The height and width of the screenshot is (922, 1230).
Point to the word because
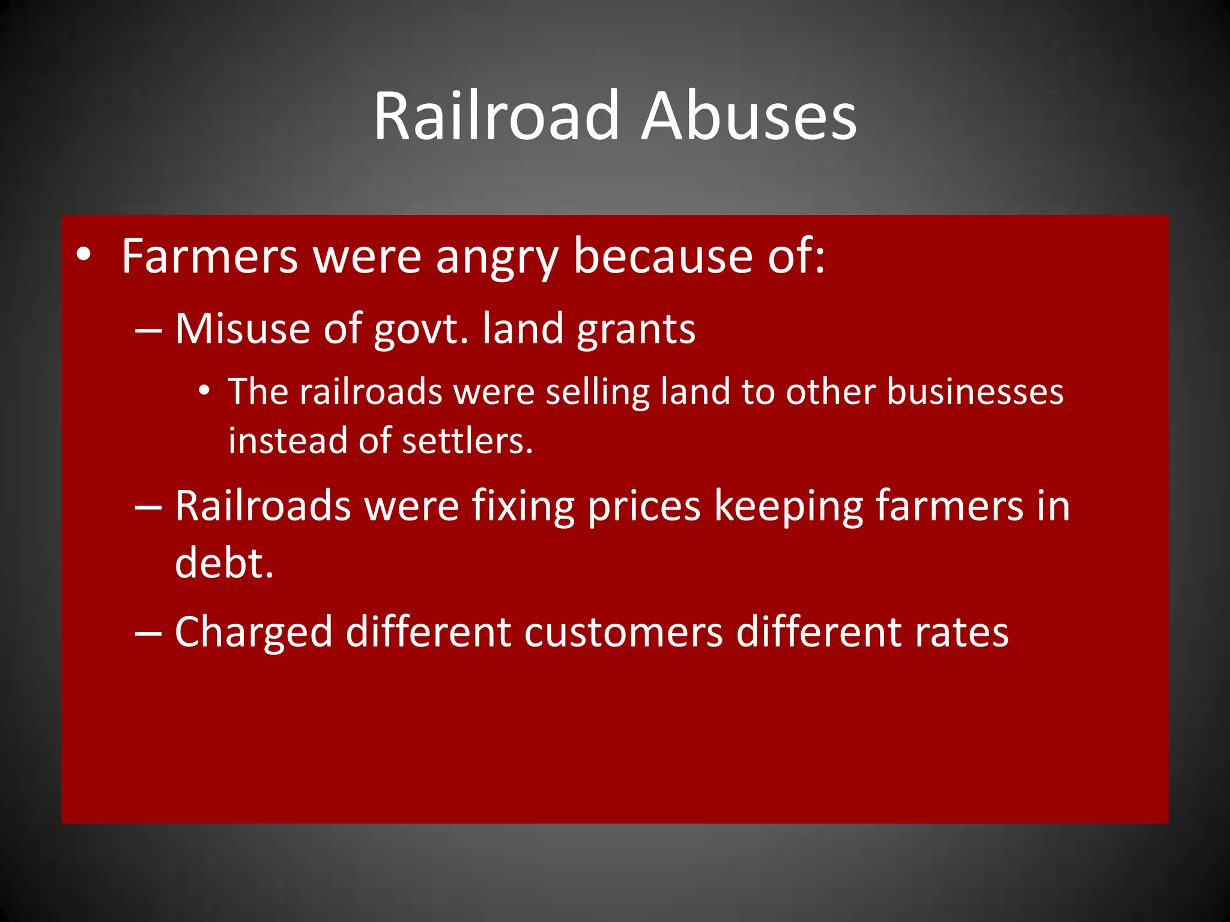click(663, 256)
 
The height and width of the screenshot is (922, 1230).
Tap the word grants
click(636, 330)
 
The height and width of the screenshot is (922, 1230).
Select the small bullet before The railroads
click(205, 391)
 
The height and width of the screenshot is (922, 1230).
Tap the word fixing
click(523, 507)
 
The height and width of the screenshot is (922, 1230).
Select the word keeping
click(788, 507)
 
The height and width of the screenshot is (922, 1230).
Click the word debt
click(224, 563)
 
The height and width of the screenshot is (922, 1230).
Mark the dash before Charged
click(148, 633)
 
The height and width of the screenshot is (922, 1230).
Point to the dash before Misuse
click(148, 330)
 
